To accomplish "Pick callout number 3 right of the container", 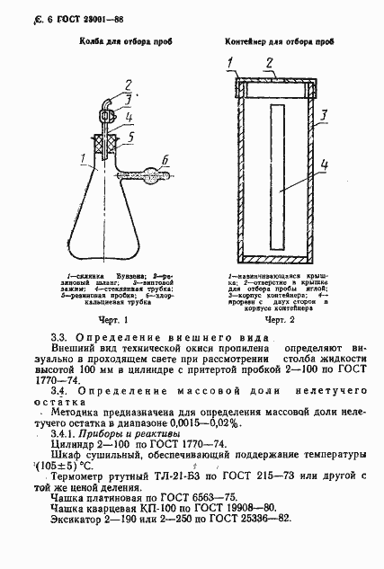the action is [322, 116].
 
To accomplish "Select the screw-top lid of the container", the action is [275, 88].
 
